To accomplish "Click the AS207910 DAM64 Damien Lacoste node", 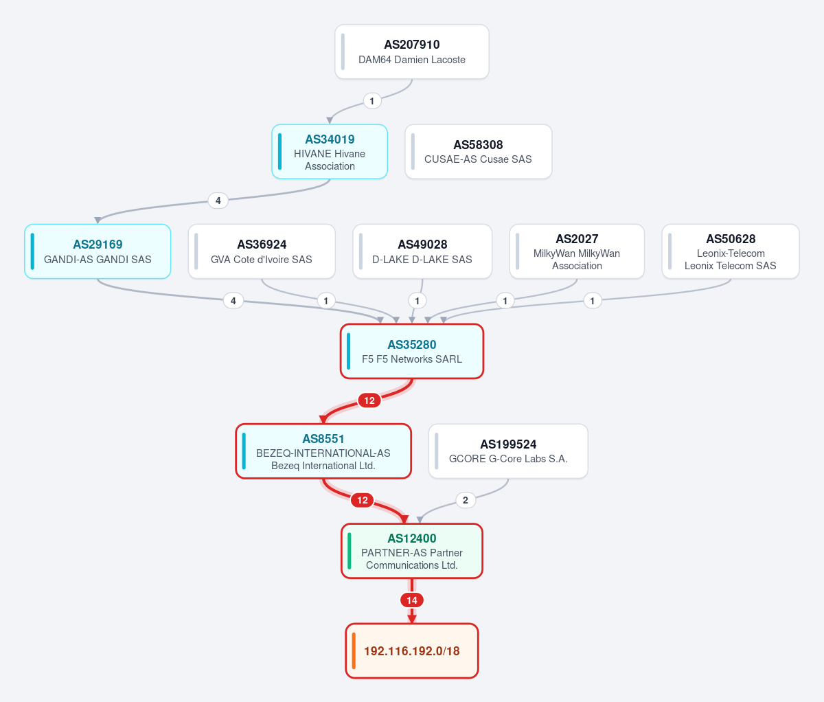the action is [412, 52].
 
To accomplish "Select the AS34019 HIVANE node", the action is [330, 152].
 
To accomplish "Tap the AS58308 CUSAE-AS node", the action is [479, 152].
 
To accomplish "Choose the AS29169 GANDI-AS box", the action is [98, 251].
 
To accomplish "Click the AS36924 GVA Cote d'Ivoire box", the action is [262, 251].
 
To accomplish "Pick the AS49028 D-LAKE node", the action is [422, 251].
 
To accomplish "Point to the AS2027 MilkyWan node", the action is [577, 251].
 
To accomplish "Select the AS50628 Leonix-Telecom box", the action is [731, 251].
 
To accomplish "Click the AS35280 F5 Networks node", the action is [412, 352].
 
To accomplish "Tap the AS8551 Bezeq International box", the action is [323, 451].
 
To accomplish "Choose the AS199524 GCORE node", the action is [508, 451].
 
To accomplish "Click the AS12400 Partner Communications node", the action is [412, 551].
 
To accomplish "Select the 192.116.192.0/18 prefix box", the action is [412, 650].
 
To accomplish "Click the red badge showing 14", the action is [412, 600].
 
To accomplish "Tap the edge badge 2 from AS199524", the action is [466, 500].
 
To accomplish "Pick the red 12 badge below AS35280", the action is [369, 400].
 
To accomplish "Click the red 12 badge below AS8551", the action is [363, 500].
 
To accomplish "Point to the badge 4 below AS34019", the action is [218, 201].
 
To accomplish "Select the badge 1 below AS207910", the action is [372, 101].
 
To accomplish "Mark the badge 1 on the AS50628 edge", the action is [593, 301].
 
